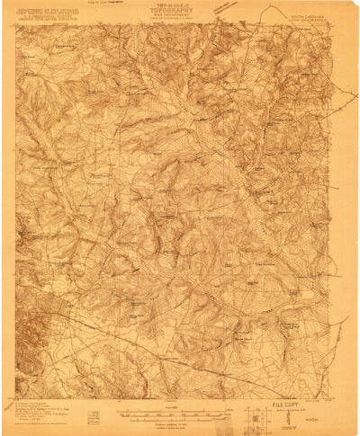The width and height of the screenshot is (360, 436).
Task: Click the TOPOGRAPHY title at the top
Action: (180, 14)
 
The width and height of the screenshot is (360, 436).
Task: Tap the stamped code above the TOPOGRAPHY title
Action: (180, 7)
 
